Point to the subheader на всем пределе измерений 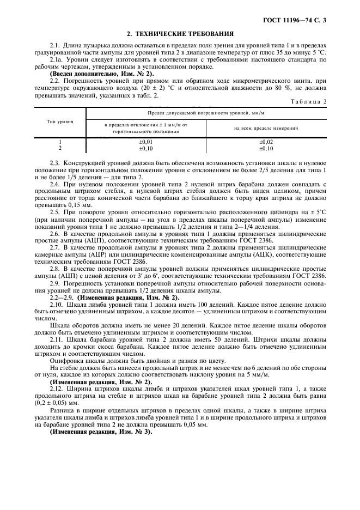click(266, 129)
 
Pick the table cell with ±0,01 click(145, 142)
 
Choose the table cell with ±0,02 click(266, 142)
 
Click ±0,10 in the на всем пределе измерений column click(266, 148)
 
